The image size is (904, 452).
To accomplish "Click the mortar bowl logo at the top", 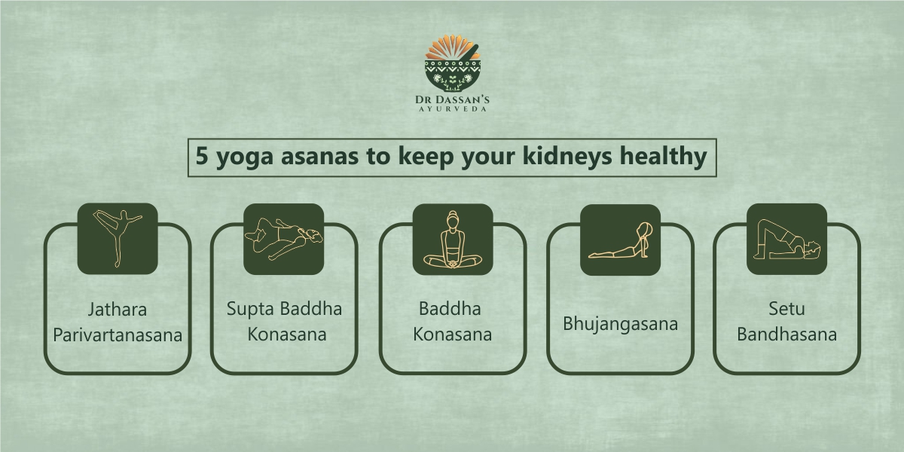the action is click(453, 63).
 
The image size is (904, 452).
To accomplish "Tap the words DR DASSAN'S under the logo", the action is click(452, 99).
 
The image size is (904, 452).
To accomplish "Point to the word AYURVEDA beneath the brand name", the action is click(453, 109).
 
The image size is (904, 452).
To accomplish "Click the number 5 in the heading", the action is click(201, 156).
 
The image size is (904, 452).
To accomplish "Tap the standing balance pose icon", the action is click(118, 239).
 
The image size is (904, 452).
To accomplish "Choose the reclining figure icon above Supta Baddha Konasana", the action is click(284, 239).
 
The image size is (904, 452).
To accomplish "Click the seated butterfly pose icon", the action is click(453, 240).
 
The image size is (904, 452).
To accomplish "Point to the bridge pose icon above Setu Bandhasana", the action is click(786, 239).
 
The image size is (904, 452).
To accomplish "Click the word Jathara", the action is click(118, 310).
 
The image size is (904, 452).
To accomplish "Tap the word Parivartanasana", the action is click(118, 335).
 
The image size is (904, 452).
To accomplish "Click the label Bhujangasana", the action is click(620, 324).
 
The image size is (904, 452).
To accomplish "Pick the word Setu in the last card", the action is click(786, 309).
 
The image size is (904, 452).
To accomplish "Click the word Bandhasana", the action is click(787, 334).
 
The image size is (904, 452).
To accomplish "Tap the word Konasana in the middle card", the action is click(453, 334).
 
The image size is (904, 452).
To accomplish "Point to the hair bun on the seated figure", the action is click(453, 213).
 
